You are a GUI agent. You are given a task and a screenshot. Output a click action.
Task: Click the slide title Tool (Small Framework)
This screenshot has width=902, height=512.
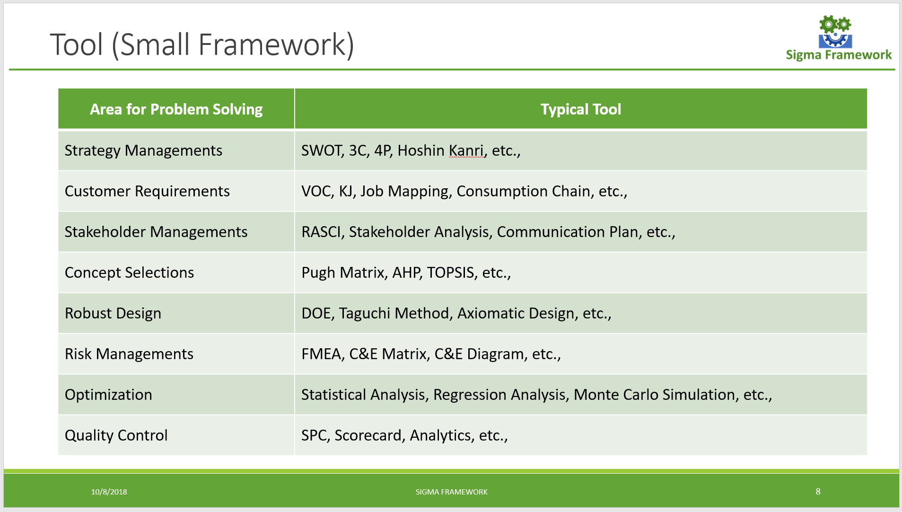202,45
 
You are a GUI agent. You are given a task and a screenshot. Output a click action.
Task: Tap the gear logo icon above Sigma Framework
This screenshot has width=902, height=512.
835,32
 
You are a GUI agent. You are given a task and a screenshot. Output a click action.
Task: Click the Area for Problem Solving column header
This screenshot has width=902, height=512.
176,109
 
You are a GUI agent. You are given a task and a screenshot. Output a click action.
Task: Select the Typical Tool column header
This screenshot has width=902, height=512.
580,109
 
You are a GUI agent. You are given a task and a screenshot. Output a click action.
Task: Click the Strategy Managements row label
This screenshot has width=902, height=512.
143,150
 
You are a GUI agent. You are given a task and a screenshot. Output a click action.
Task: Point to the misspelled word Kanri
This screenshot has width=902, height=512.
466,150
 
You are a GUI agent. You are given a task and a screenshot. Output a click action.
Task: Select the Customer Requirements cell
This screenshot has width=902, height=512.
147,191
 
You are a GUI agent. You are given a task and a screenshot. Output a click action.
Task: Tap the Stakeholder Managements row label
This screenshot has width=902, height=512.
156,232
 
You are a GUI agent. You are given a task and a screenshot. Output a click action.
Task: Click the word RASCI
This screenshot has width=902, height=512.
321,232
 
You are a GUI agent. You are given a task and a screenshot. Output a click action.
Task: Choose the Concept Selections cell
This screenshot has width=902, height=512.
129,273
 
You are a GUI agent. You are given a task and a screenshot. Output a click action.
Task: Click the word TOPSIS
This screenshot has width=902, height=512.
450,273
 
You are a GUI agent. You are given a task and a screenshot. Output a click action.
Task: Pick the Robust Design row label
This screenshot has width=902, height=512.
113,313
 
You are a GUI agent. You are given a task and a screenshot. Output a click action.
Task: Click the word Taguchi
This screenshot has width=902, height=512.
364,313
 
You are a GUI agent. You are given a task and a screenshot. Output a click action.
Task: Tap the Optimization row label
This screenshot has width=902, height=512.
108,395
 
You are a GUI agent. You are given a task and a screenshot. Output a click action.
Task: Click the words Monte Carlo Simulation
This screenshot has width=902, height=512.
654,395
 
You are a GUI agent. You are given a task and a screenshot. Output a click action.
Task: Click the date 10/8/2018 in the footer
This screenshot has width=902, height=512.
109,492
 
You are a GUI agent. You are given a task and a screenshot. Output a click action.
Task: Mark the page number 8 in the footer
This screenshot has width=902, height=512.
818,491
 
